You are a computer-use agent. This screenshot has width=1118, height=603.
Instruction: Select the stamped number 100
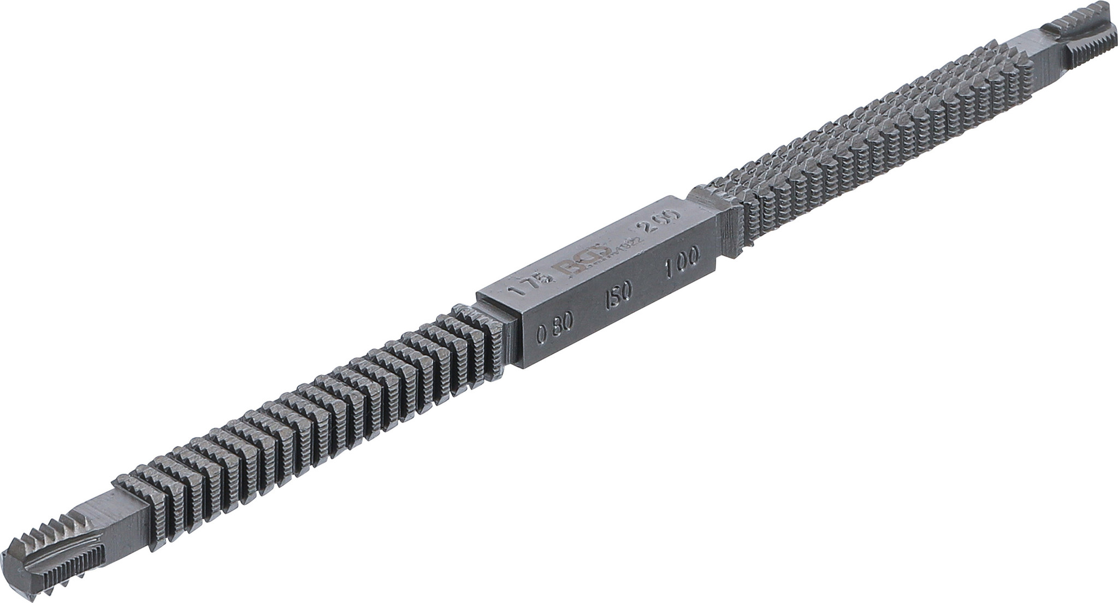(682, 256)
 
